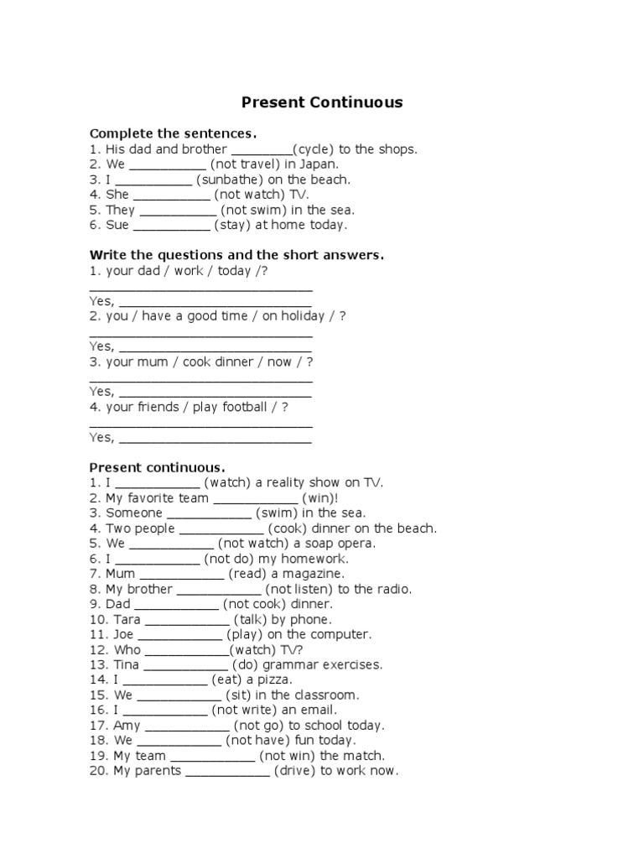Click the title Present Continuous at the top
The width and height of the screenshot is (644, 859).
point(322,103)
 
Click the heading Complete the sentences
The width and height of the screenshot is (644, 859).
point(173,134)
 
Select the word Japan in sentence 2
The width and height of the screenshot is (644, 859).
point(319,164)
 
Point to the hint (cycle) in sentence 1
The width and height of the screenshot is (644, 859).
point(314,149)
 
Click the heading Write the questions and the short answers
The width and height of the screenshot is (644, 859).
point(236,255)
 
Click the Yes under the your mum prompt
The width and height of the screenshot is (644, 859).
point(101,392)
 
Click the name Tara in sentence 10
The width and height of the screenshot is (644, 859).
point(127,620)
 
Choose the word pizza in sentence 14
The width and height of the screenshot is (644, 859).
point(274,680)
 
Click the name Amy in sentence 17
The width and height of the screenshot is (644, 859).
point(127,726)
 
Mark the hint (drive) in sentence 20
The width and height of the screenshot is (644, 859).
point(293,771)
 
